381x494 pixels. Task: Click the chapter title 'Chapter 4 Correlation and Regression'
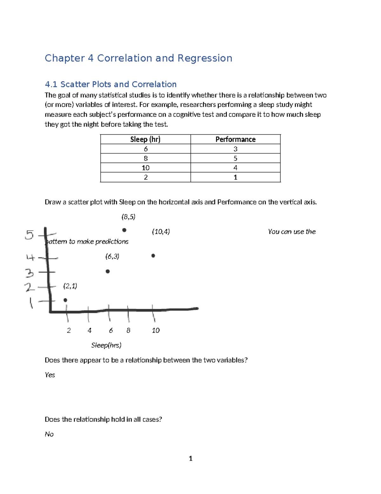138,58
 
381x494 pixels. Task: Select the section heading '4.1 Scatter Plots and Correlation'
110,84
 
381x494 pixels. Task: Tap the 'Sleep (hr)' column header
145,139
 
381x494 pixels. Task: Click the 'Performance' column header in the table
235,139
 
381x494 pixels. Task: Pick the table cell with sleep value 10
145,168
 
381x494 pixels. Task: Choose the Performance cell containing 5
235,158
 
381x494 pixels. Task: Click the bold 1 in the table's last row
235,177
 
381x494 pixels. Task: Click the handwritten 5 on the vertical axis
29,235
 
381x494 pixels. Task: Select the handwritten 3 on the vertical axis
29,273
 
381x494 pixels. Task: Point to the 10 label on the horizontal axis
156,330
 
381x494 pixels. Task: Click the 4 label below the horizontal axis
90,330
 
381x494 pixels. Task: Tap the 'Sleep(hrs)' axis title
106,345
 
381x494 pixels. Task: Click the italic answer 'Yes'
50,375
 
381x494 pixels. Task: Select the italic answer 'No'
49,434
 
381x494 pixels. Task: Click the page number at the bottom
190,458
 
